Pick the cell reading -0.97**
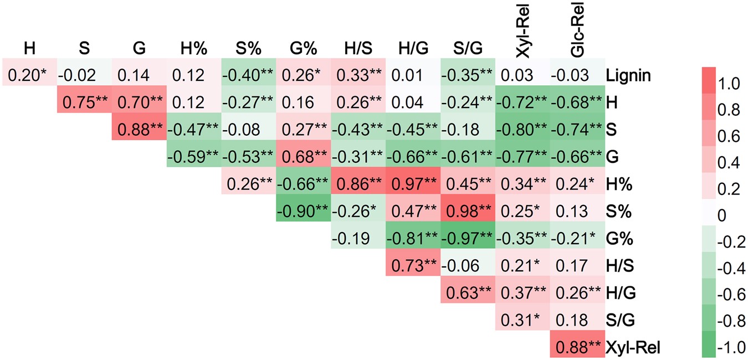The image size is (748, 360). (468, 239)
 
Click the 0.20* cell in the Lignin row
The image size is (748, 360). (28, 75)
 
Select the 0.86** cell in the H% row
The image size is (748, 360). (358, 184)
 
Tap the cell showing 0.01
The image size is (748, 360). (413, 75)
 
